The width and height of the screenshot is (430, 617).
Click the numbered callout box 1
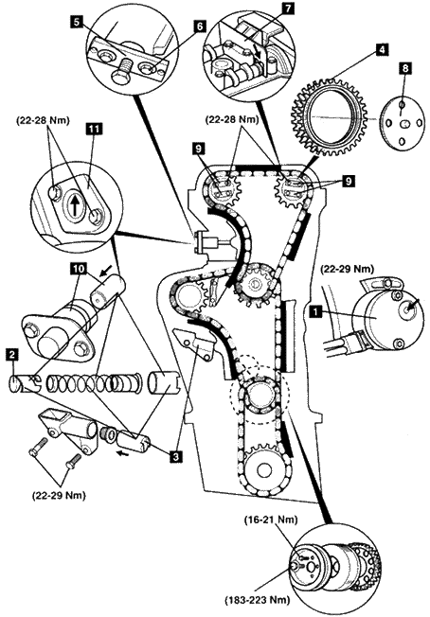314,312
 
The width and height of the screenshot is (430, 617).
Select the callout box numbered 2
13,355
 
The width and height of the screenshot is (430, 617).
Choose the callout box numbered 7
289,9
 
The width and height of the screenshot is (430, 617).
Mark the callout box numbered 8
405,68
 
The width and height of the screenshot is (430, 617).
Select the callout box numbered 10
78,269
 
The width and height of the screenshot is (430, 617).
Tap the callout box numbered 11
95,129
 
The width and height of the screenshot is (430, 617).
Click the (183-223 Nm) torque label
257,601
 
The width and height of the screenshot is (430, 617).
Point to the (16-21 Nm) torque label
269,520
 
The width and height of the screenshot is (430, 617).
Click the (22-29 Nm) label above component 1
347,270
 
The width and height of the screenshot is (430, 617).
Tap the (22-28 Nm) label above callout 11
43,121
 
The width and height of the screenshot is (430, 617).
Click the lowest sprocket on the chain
264,468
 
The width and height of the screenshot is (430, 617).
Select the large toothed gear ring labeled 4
331,116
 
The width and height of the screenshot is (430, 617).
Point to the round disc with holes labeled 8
403,124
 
